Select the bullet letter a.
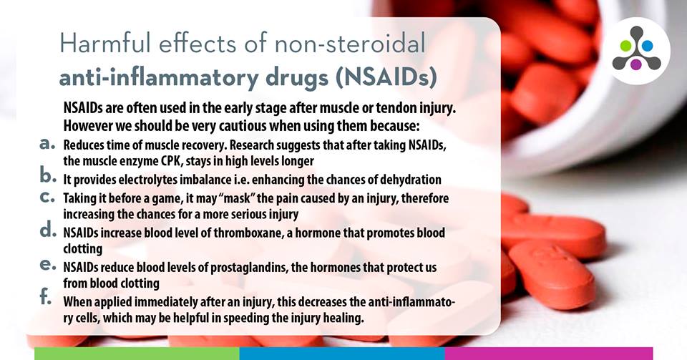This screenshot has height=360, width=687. coord(47,143)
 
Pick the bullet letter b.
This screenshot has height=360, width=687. coord(48,175)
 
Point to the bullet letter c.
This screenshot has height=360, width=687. coord(47,197)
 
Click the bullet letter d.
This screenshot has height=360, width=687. coord(48,229)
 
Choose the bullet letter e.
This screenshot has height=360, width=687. coord(48,265)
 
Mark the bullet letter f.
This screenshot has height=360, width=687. coord(46,296)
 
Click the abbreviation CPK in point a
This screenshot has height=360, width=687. coord(172,161)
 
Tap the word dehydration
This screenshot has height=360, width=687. coord(411,180)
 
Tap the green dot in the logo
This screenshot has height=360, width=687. coord(626,46)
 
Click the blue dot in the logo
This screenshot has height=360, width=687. coord(647,46)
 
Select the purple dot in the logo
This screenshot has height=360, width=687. coord(636,64)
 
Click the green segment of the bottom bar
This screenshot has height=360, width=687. coord(137,354)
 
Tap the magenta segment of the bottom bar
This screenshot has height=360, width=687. coord(549,354)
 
